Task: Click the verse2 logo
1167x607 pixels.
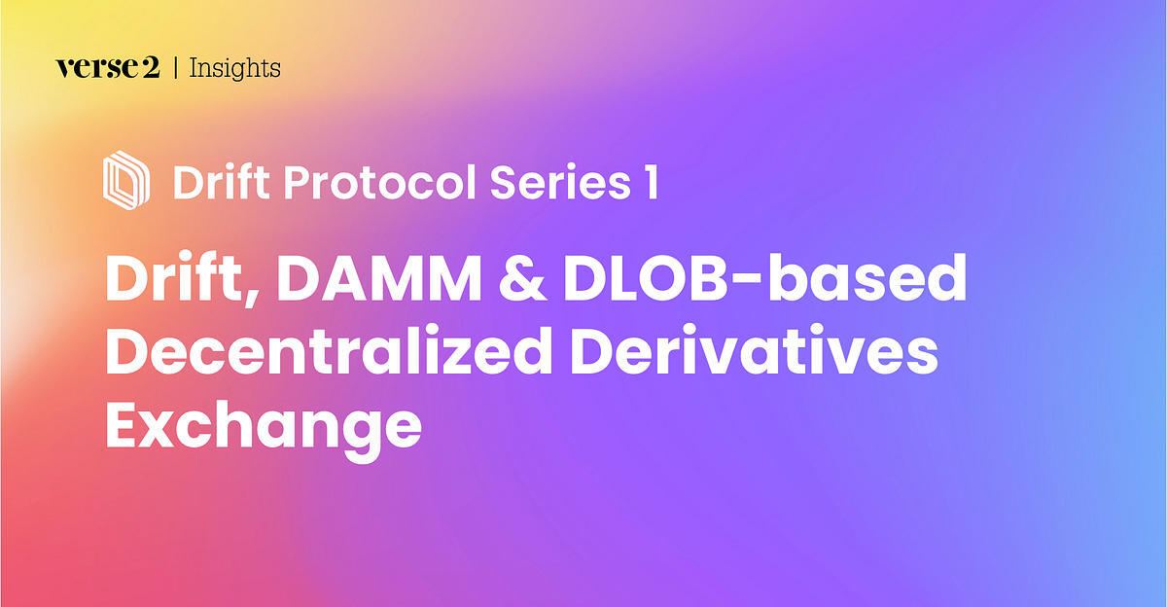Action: click(107, 68)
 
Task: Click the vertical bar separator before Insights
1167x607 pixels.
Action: click(175, 68)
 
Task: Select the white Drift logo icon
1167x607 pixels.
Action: click(126, 180)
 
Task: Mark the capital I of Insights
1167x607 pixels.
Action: click(193, 68)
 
